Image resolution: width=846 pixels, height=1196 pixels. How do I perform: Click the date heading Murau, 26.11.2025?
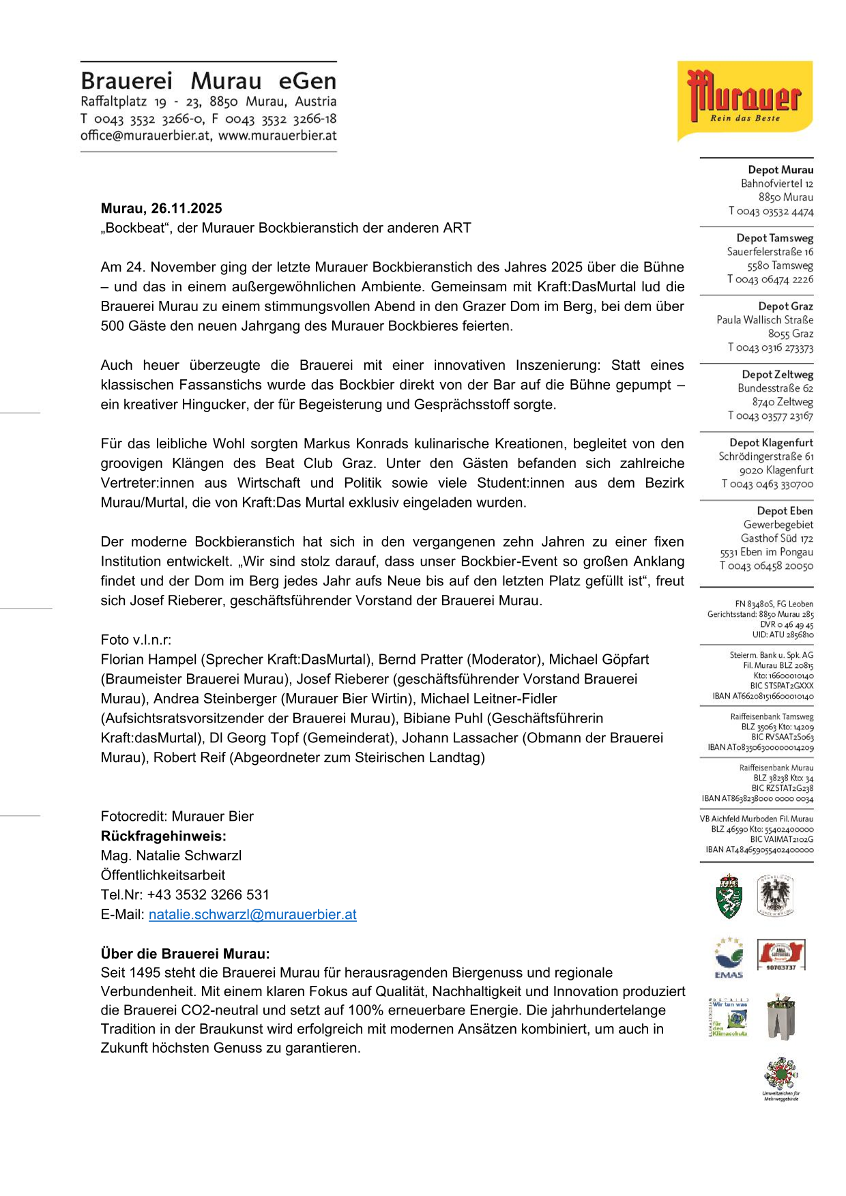tap(161, 209)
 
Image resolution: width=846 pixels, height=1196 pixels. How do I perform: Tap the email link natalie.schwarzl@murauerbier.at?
tap(252, 914)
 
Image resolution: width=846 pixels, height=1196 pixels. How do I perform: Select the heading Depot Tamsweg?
tap(774, 238)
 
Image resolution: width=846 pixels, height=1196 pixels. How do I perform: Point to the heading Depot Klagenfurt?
tap(771, 443)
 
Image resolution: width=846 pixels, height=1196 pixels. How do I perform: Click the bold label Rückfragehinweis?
tap(163, 836)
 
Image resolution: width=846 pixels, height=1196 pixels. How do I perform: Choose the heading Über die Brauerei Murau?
tap(185, 954)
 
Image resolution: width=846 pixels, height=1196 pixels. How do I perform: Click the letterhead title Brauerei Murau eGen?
tap(208, 81)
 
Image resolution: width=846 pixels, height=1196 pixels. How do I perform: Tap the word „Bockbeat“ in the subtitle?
tap(135, 228)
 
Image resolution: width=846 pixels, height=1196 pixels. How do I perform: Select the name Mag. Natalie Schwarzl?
tap(171, 856)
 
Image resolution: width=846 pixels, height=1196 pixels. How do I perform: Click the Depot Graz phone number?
tap(770, 348)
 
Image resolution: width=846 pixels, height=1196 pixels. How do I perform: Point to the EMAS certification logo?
tap(728, 957)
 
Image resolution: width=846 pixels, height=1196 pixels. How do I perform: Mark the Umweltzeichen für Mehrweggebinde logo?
tap(781, 1078)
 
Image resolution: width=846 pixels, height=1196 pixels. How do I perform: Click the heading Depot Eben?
tap(785, 511)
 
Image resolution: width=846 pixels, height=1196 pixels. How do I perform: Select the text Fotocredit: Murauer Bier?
tap(177, 817)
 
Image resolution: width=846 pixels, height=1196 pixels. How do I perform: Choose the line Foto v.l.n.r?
tap(136, 640)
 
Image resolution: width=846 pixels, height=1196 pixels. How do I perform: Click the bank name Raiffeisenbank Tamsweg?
tap(772, 717)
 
